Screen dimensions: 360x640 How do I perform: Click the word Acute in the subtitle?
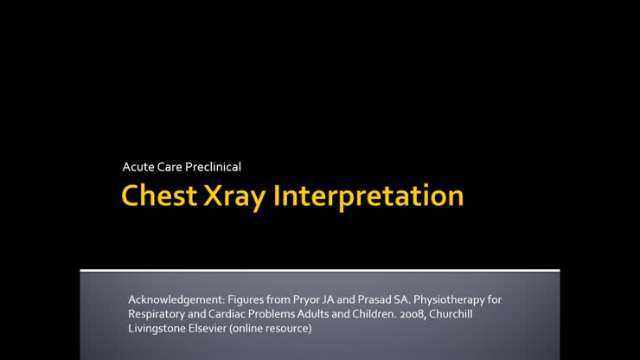click(x=138, y=165)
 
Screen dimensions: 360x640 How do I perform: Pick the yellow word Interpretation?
click(x=368, y=195)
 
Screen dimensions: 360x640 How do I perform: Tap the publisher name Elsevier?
click(x=215, y=329)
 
